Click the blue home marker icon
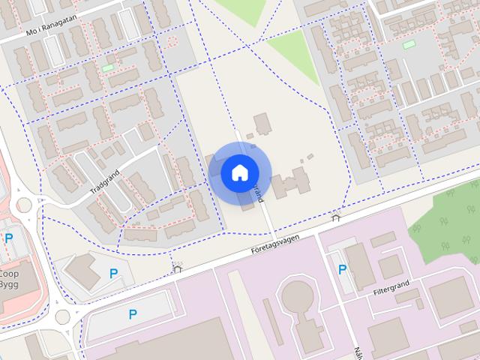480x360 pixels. click(238, 172)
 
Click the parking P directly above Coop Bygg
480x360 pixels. click(9, 238)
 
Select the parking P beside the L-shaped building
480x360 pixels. click(112, 274)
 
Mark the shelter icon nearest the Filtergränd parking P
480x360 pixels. click(335, 217)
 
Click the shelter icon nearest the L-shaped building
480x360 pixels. click(178, 268)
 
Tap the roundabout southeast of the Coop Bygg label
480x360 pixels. click(61, 316)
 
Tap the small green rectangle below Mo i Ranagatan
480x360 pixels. click(109, 68)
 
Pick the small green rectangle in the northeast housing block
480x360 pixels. click(409, 45)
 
